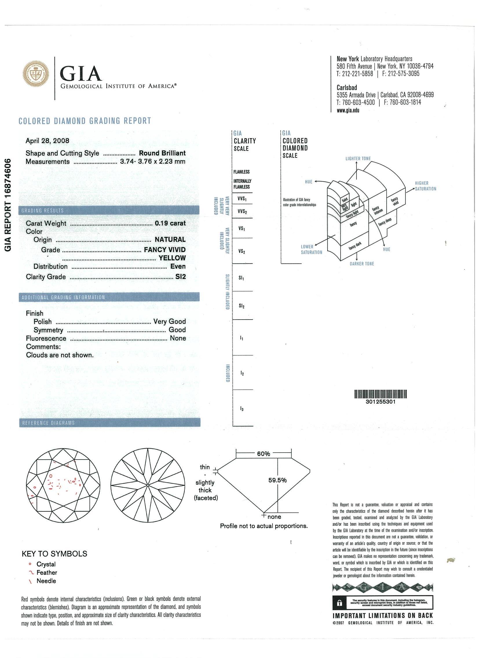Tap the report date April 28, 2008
pos(47,141)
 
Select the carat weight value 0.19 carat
pos(170,223)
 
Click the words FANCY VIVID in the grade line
pos(165,250)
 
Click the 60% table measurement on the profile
pos(264,454)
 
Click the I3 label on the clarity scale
pos(242,409)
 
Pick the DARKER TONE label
pos(362,264)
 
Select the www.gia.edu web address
pos(348,110)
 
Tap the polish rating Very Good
pos(169,321)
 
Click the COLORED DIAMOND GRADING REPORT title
pos(85,121)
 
